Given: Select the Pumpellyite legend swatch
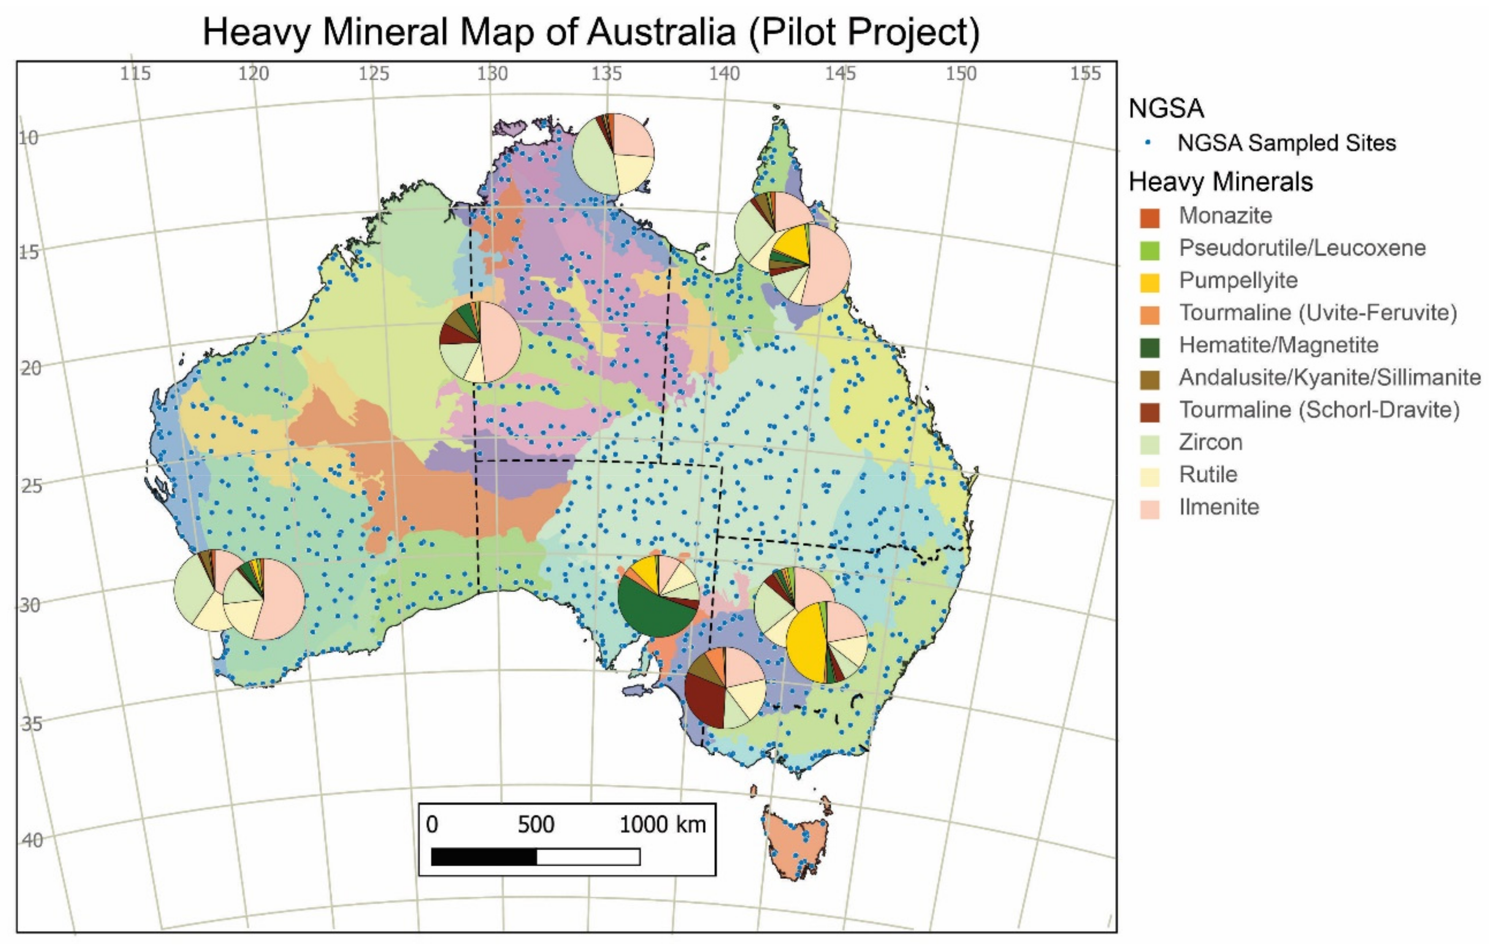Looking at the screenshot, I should (1150, 282).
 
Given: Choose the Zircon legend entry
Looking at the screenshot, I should (1210, 442).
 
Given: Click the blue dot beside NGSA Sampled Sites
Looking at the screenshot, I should (1148, 143).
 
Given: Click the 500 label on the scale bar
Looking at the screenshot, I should (536, 824).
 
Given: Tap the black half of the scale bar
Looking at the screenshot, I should (484, 857).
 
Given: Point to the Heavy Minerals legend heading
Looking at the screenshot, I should (1220, 182).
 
